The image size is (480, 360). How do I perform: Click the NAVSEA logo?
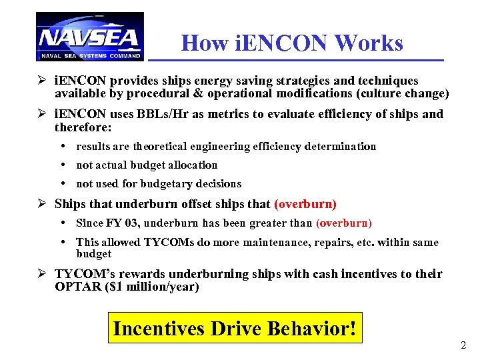click(x=89, y=37)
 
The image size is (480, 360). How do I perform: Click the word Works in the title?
click(x=370, y=43)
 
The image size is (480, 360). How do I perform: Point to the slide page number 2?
click(x=463, y=345)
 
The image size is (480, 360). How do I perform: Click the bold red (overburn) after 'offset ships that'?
click(x=305, y=204)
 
